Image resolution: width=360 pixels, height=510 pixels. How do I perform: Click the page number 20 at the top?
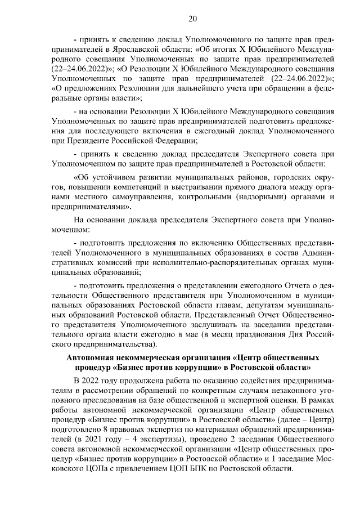point(192,19)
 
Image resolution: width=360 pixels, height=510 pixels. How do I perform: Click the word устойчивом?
point(107,177)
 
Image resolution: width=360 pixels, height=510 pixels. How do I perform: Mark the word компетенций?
point(146,187)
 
